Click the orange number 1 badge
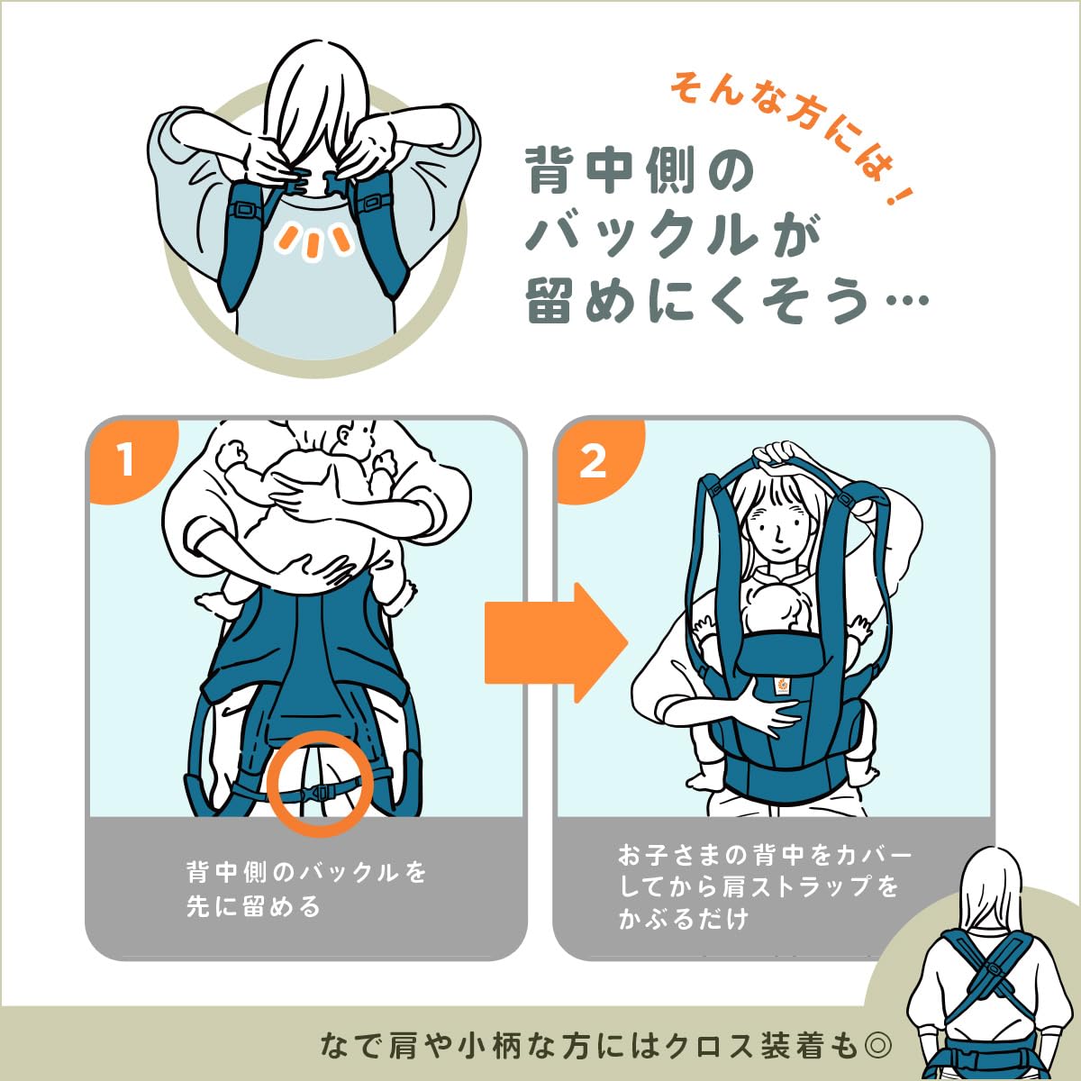pos(126,460)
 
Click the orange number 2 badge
pos(593,462)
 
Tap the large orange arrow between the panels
pos(555,642)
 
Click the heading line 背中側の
pos(640,171)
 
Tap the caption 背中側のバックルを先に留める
pos(306,888)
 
